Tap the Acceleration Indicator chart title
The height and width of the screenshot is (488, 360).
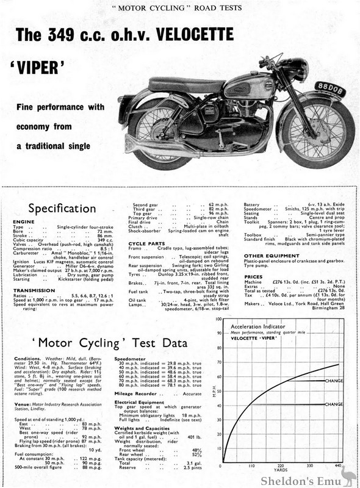coord(257,326)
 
